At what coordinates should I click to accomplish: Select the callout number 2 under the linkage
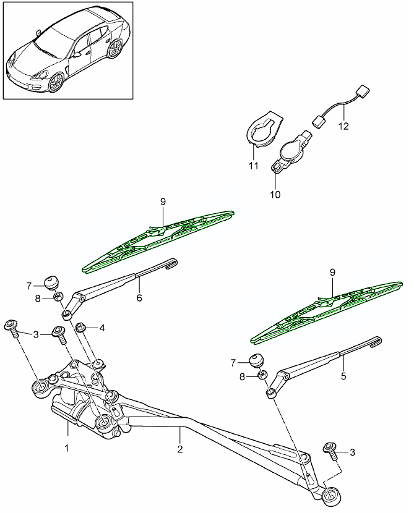(180, 449)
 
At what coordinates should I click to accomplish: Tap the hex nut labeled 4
(80, 327)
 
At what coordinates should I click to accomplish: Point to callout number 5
(344, 375)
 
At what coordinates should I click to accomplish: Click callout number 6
(139, 298)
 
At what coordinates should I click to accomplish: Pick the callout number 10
(275, 194)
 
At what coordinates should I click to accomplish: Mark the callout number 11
(252, 166)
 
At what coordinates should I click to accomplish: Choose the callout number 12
(343, 127)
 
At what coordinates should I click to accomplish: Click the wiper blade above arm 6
(160, 240)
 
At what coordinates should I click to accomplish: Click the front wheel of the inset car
(56, 83)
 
